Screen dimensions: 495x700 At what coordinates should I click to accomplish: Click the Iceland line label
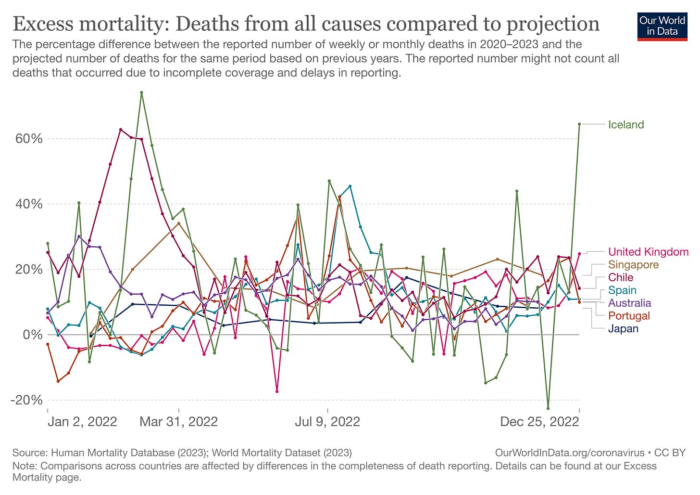(x=625, y=125)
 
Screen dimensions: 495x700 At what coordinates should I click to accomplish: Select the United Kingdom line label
(x=648, y=252)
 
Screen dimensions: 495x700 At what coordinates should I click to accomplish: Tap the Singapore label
(x=633, y=264)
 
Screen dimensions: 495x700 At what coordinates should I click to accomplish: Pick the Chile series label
(x=621, y=277)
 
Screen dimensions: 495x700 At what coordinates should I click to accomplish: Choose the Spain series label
(x=622, y=290)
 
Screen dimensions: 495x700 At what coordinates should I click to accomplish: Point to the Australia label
(x=629, y=303)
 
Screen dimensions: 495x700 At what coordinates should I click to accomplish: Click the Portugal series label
(x=629, y=316)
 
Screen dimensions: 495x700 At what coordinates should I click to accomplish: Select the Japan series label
(x=623, y=329)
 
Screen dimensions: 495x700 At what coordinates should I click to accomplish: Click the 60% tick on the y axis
(x=29, y=139)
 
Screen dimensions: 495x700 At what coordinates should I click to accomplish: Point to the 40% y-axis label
(x=29, y=204)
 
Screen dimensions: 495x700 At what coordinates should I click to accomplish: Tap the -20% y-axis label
(x=27, y=400)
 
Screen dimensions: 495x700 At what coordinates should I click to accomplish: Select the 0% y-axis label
(x=33, y=335)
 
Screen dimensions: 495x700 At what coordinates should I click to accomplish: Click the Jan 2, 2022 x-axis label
(x=82, y=422)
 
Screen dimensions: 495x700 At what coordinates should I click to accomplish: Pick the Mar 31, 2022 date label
(x=179, y=422)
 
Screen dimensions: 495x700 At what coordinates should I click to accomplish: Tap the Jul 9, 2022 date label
(x=327, y=422)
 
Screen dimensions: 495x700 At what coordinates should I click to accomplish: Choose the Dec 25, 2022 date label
(x=539, y=422)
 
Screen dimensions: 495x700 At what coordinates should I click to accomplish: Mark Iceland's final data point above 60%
(x=579, y=124)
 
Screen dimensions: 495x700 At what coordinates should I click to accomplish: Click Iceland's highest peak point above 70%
(x=141, y=92)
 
